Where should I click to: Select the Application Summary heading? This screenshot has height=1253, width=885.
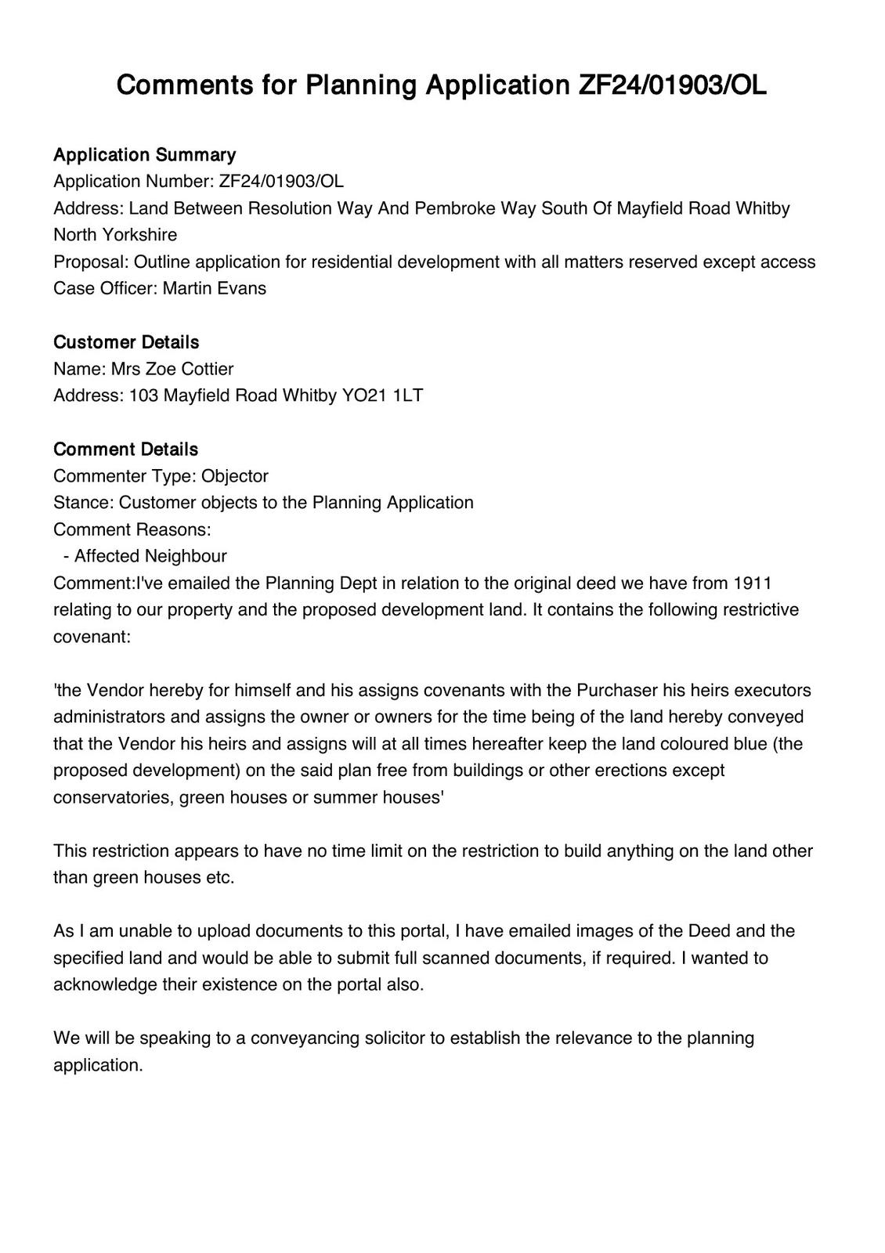click(144, 154)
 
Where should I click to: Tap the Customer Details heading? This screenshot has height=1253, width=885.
click(126, 342)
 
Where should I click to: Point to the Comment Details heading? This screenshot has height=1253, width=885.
click(125, 449)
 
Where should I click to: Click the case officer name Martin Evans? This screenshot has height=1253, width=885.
click(214, 288)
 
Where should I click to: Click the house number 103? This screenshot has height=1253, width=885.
click(143, 395)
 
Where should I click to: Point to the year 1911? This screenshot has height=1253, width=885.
click(753, 583)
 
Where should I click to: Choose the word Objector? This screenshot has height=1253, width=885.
click(234, 476)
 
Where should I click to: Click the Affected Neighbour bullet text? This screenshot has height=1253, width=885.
click(150, 556)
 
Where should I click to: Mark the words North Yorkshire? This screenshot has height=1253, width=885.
click(115, 235)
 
